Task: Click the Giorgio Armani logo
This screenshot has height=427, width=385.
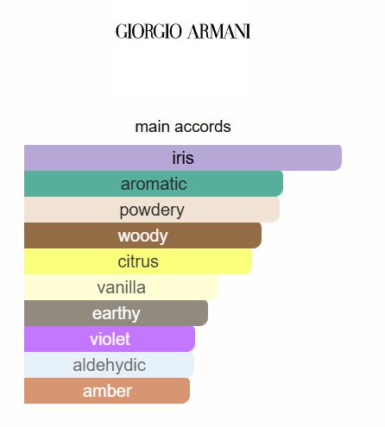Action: tap(183, 32)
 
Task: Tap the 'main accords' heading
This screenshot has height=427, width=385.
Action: tap(183, 127)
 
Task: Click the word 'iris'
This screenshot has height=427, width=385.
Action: tap(183, 158)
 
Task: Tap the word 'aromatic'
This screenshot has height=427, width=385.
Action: tap(154, 184)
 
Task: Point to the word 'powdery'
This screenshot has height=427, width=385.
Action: tap(152, 210)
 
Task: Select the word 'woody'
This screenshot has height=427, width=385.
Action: tap(143, 235)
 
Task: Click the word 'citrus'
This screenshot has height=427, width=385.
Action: tap(138, 261)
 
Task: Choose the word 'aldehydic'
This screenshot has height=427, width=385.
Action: tap(110, 365)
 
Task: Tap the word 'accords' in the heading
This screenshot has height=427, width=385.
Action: tap(203, 127)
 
